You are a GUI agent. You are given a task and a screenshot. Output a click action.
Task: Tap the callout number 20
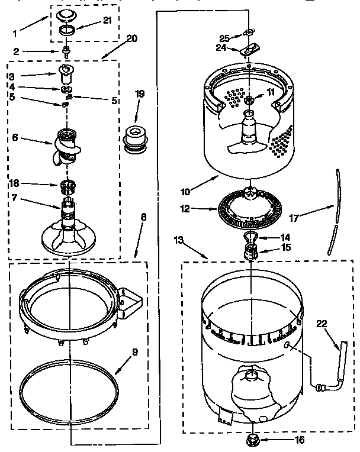(x=131, y=38)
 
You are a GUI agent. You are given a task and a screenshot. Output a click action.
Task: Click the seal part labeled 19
(x=136, y=138)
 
